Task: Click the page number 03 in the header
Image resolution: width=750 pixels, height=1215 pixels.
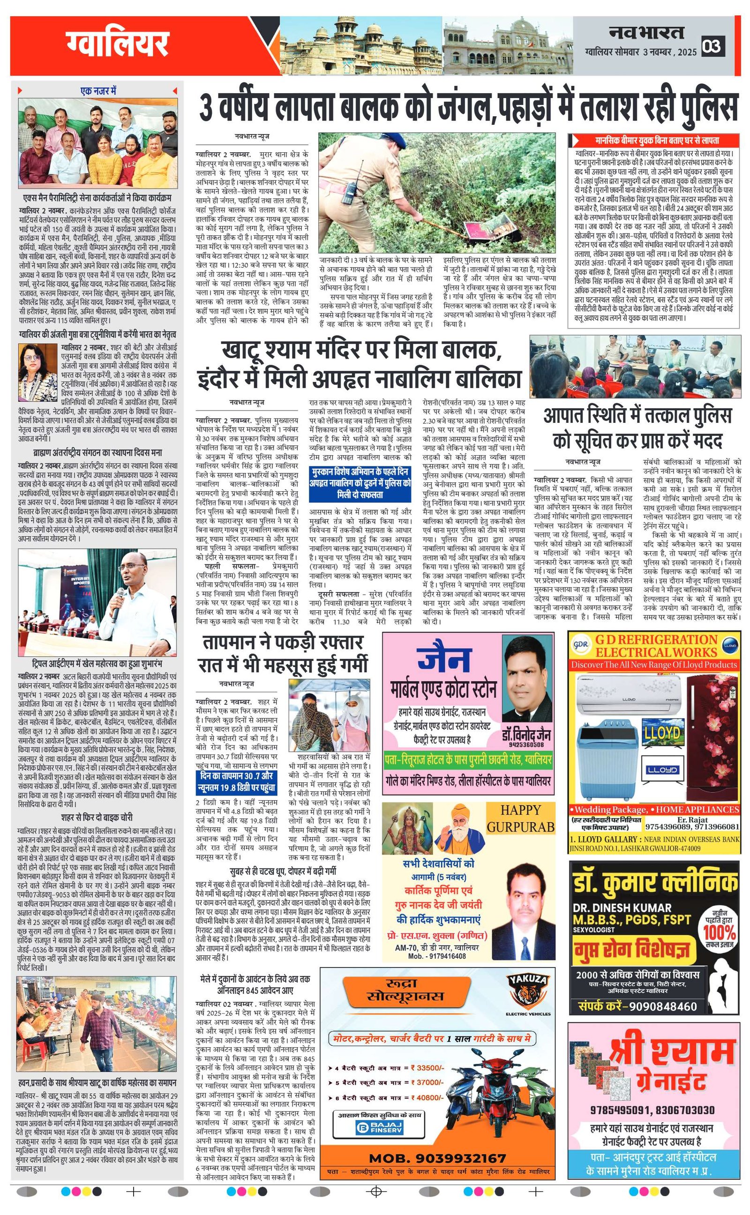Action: point(712,47)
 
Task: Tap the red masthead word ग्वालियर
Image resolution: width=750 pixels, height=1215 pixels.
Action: point(118,45)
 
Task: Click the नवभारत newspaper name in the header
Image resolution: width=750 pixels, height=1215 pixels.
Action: point(646,33)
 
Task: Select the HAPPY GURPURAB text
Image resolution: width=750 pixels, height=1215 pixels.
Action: point(520,819)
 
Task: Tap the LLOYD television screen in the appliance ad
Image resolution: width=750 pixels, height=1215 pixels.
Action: point(662,734)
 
